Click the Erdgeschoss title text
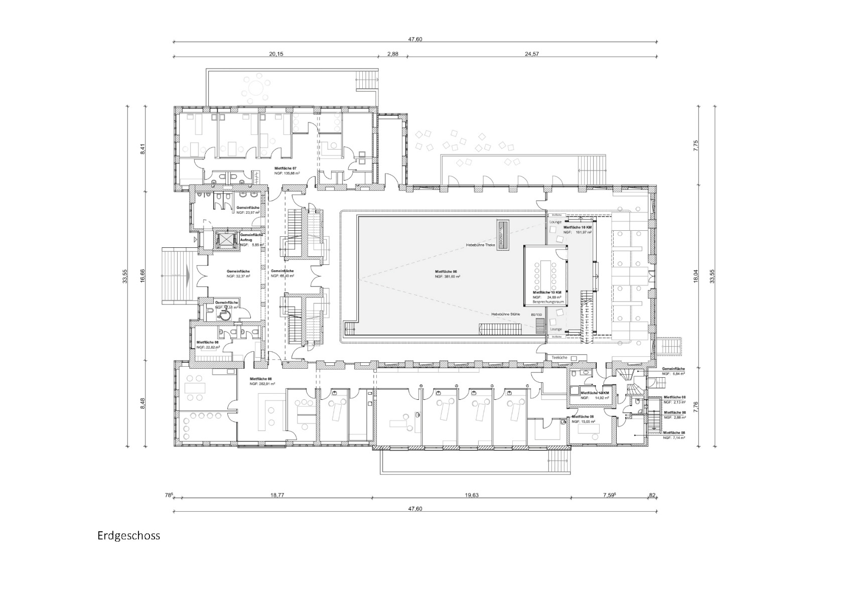pyautogui.click(x=128, y=536)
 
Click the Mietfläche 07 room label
pyautogui.click(x=286, y=168)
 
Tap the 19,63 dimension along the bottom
pyautogui.click(x=471, y=495)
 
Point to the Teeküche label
pyautogui.click(x=559, y=358)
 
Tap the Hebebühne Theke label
pyautogui.click(x=480, y=245)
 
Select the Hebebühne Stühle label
pyautogui.click(x=505, y=314)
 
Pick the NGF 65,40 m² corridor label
pyautogui.click(x=282, y=276)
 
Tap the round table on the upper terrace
pyautogui.click(x=255, y=87)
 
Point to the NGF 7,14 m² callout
pyautogui.click(x=674, y=437)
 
